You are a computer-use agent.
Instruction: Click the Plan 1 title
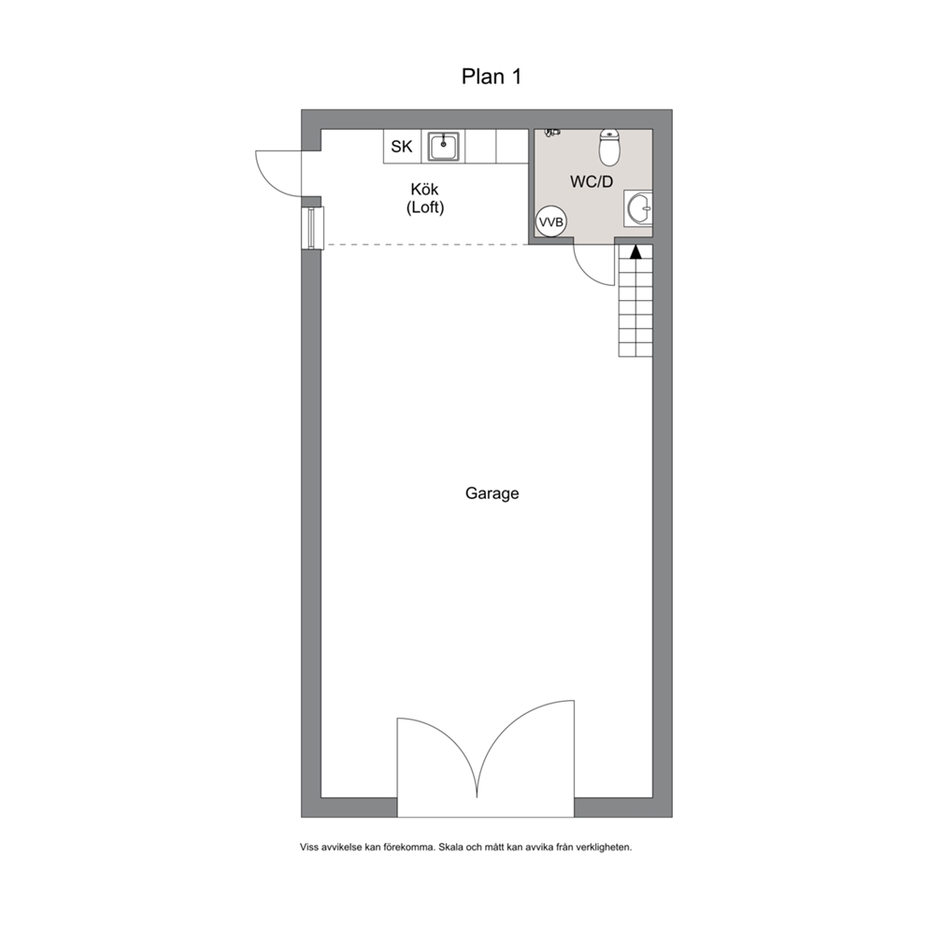[x=491, y=77]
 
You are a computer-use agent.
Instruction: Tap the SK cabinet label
[x=402, y=147]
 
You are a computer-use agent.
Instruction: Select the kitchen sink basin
[x=443, y=146]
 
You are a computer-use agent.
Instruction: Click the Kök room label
[x=425, y=191]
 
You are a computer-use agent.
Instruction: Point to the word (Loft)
[x=425, y=208]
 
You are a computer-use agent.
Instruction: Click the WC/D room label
[x=592, y=182]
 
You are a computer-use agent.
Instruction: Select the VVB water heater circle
[x=551, y=222]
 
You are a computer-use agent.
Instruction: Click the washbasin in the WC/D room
[x=640, y=208]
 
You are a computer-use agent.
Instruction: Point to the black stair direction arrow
[x=635, y=250]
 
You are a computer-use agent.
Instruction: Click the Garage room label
[x=492, y=493]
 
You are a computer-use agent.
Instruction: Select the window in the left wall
[x=311, y=228]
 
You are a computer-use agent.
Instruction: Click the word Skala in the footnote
[x=455, y=848]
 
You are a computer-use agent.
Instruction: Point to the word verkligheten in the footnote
[x=603, y=848]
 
